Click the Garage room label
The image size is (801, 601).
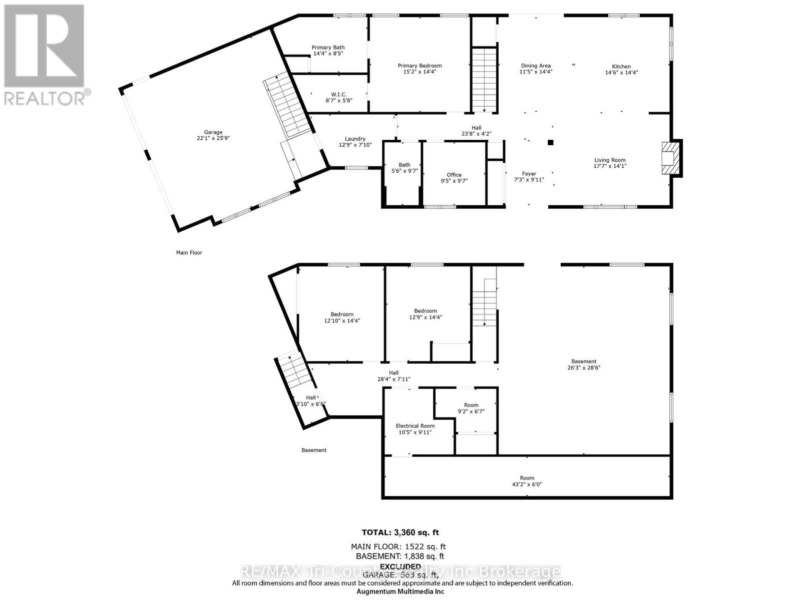coord(213,132)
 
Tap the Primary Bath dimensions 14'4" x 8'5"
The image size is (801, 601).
coord(328,54)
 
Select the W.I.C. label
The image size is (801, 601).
coord(339,94)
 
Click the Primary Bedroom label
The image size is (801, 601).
coord(420,66)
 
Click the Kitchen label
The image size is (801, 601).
coord(621,66)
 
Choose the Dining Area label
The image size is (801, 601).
coord(536,66)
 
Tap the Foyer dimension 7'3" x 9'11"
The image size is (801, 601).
coord(529,180)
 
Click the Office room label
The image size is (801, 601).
coord(454,175)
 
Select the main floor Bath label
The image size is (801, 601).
coord(404,165)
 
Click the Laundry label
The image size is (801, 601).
coord(355,139)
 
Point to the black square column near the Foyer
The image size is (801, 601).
coord(550,142)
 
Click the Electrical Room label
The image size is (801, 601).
coord(415,426)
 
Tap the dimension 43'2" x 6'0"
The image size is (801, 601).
coord(527,484)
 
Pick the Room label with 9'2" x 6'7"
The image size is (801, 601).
coord(471,405)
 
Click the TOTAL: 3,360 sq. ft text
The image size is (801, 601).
coord(400,532)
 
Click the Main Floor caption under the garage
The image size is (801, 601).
coord(189,252)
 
